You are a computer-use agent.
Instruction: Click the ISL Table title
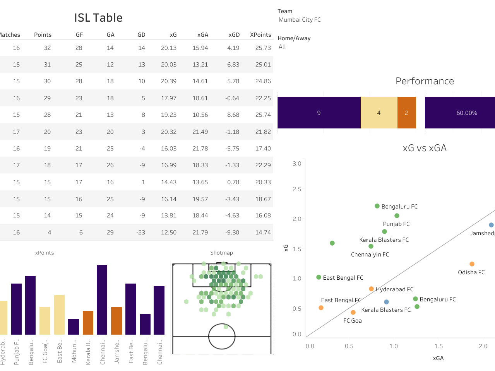pyautogui.click(x=98, y=18)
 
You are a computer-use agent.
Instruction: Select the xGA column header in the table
pyautogui.click(x=202, y=35)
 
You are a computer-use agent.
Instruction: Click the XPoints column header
pyautogui.click(x=260, y=35)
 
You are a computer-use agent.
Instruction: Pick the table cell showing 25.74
pyautogui.click(x=263, y=115)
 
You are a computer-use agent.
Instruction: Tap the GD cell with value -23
pyautogui.click(x=140, y=233)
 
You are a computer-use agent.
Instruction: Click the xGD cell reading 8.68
pyautogui.click(x=233, y=115)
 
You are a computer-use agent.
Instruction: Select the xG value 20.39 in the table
pyautogui.click(x=169, y=81)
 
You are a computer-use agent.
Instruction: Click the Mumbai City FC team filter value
pyautogui.click(x=300, y=20)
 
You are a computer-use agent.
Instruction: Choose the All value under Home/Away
pyautogui.click(x=282, y=47)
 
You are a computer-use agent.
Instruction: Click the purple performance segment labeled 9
pyautogui.click(x=319, y=113)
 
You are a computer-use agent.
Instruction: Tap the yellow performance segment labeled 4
pyautogui.click(x=379, y=113)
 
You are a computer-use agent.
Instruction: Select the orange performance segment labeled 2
pyautogui.click(x=406, y=113)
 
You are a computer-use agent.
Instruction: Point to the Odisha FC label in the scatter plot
pyautogui.click(x=471, y=272)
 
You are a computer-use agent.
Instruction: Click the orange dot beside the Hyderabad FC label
pyautogui.click(x=371, y=289)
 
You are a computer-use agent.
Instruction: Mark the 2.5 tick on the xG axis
pyautogui.click(x=297, y=189)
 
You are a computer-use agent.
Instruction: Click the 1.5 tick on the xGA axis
pyautogui.click(x=438, y=346)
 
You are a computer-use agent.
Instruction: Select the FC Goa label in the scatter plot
pyautogui.click(x=353, y=321)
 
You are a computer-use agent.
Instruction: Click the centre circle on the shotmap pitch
pyautogui.click(x=222, y=337)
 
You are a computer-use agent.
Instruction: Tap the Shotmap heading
pyautogui.click(x=221, y=253)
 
